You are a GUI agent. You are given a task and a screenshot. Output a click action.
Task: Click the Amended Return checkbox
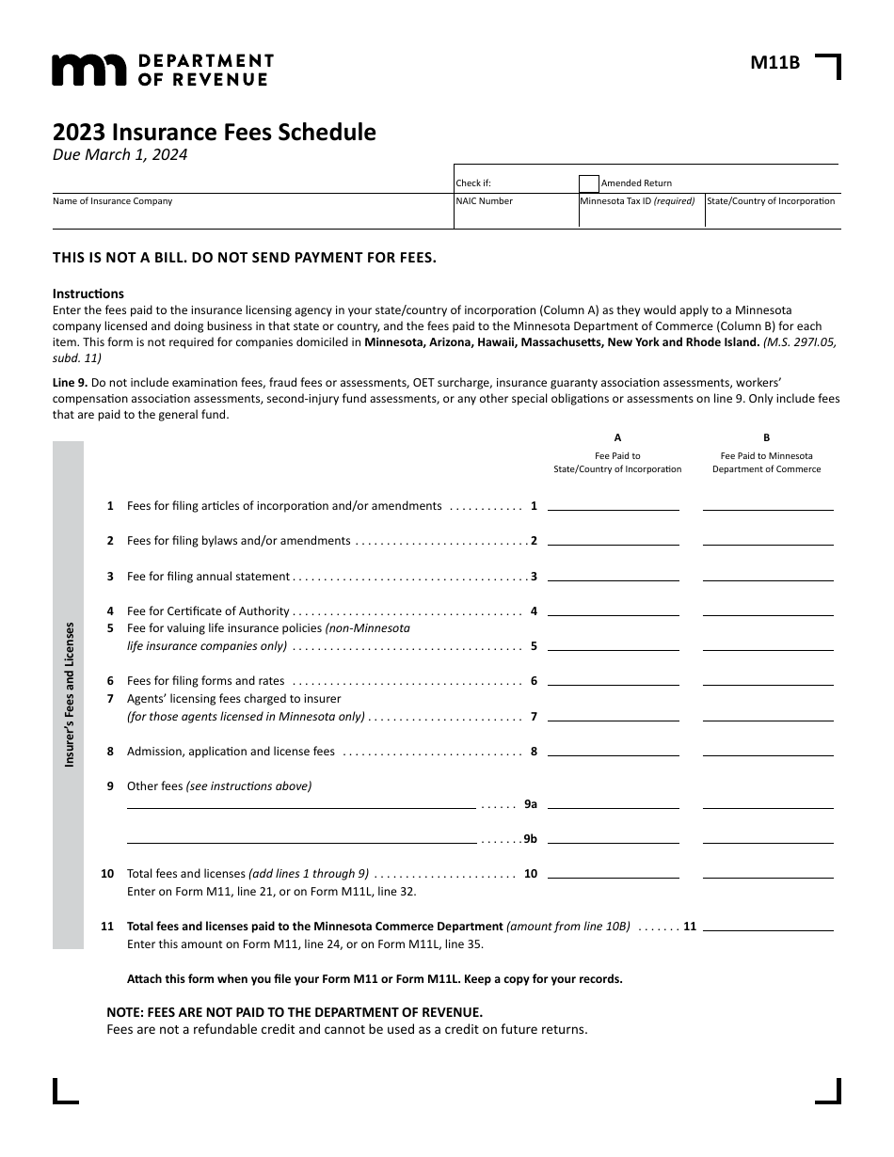(x=589, y=183)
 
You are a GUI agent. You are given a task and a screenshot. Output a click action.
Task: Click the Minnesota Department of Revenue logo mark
(x=88, y=70)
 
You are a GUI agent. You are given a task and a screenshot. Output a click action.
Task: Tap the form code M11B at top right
(x=774, y=63)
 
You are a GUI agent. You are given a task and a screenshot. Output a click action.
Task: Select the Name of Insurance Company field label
(x=113, y=201)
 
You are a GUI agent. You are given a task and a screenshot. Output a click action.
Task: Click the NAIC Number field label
(x=485, y=201)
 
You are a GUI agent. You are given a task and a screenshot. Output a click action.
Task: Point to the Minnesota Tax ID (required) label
(x=637, y=201)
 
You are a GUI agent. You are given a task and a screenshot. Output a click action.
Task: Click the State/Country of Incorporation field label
(x=771, y=201)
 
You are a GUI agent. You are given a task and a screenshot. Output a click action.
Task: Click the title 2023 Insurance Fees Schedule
(x=214, y=133)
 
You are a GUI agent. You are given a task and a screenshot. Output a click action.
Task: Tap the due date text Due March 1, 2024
(x=120, y=155)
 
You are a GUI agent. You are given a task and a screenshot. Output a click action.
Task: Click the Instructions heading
(x=88, y=293)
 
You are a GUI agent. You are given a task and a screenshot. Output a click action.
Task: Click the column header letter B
(x=767, y=437)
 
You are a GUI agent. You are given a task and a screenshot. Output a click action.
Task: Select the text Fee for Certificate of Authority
(x=208, y=611)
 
